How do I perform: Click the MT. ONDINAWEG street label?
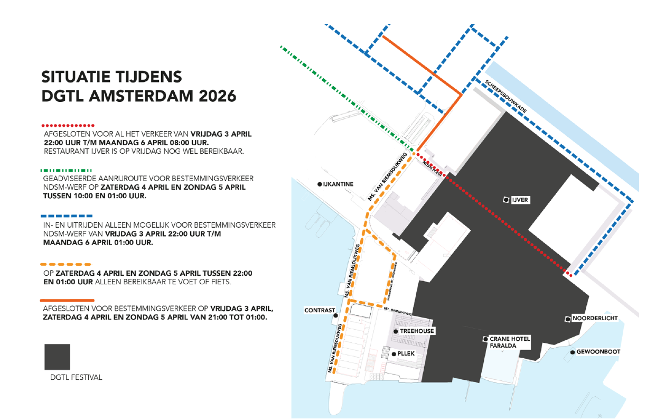tap(397, 311)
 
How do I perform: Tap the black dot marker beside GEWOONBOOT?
tap(573, 352)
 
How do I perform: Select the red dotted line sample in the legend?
tap(68, 125)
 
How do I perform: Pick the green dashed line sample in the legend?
tap(67, 170)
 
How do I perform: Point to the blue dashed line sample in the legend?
tap(67, 216)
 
